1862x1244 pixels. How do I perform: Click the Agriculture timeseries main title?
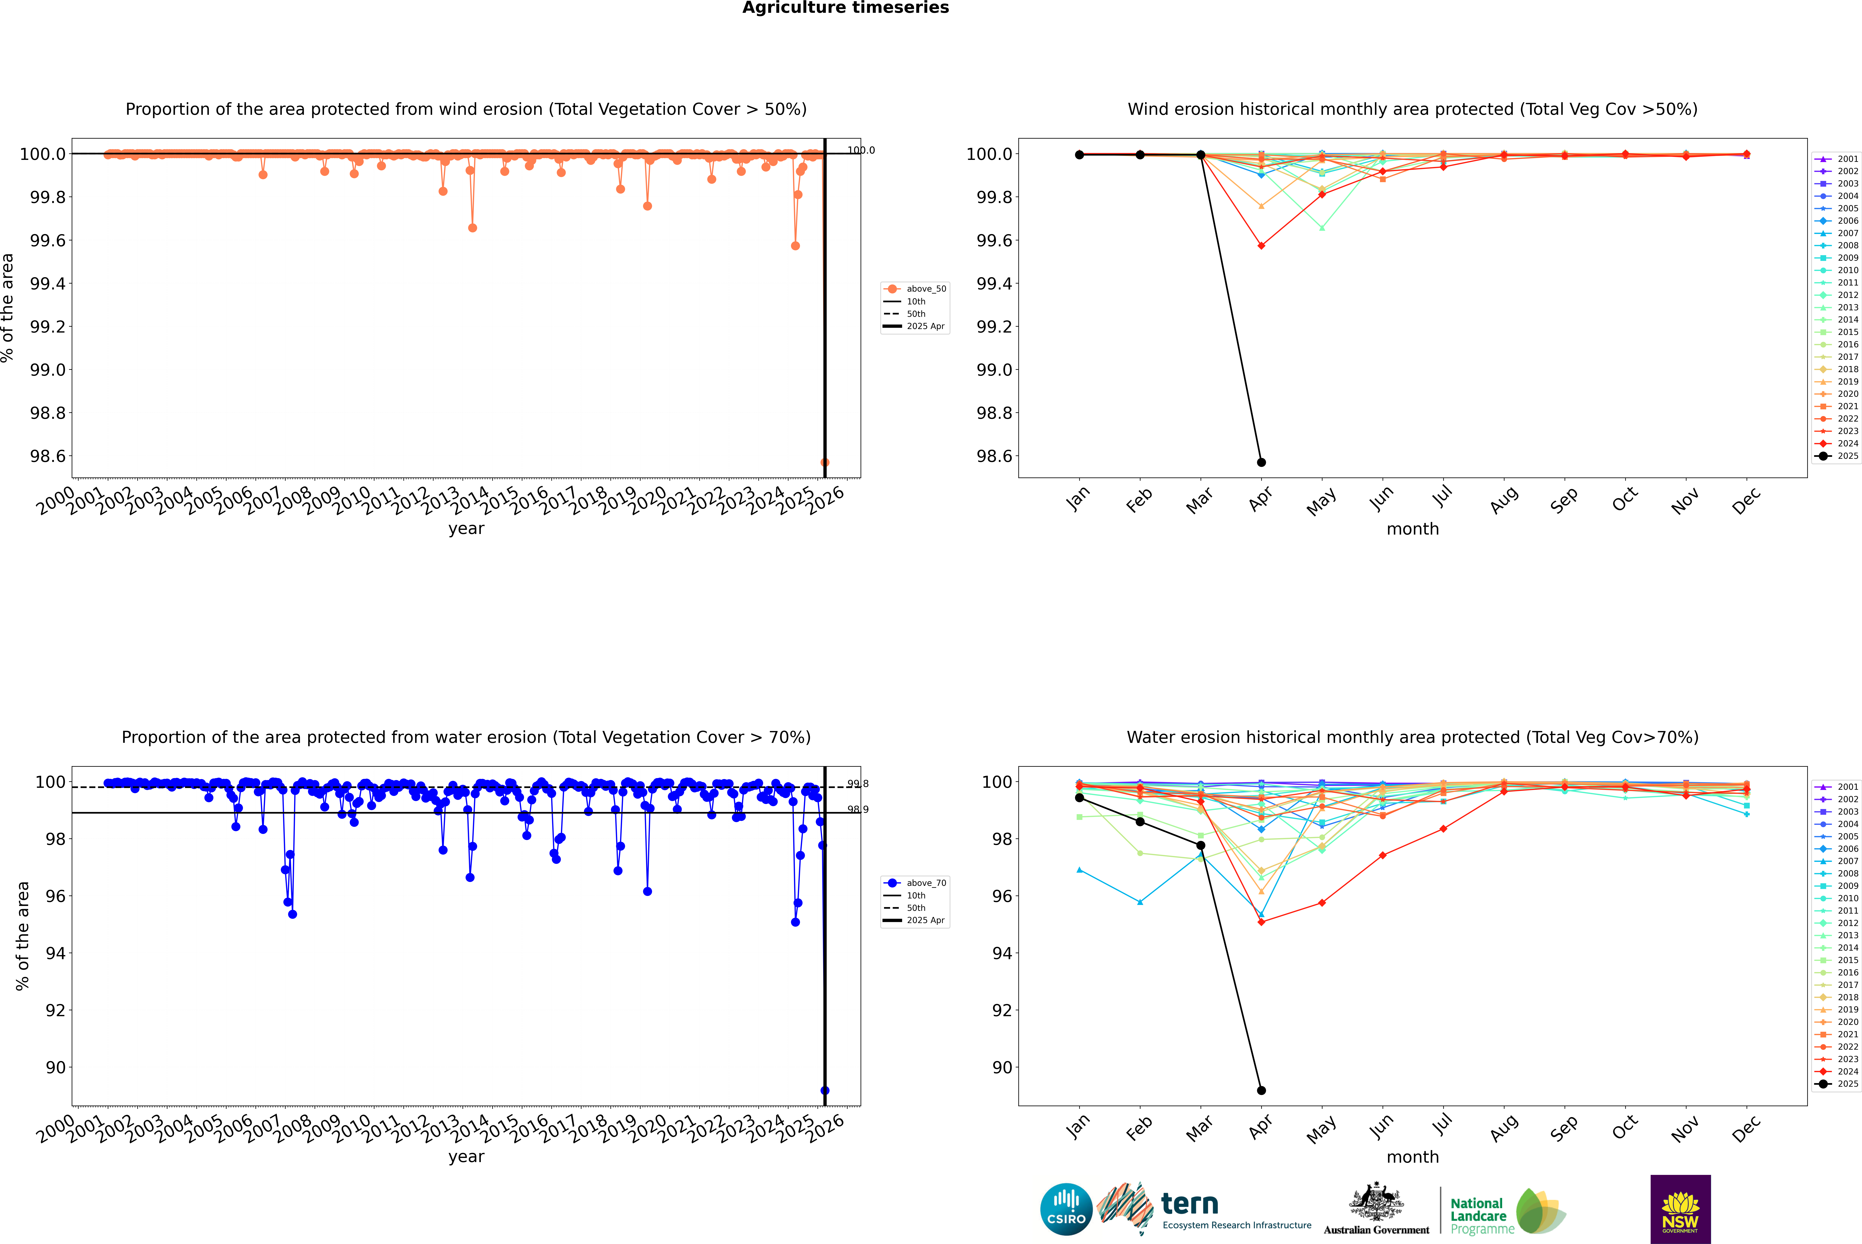(x=845, y=8)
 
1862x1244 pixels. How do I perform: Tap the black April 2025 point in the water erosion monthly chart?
(x=1261, y=1090)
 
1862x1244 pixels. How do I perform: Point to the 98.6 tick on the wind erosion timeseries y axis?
(x=48, y=456)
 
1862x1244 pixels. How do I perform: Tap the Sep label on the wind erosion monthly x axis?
(x=1564, y=500)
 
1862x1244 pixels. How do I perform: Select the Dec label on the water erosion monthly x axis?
(x=1746, y=1128)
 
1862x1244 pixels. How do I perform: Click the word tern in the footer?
(x=1189, y=1204)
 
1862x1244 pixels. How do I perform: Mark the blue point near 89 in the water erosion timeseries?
(x=825, y=1090)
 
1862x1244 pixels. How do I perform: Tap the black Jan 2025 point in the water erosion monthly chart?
(x=1079, y=797)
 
